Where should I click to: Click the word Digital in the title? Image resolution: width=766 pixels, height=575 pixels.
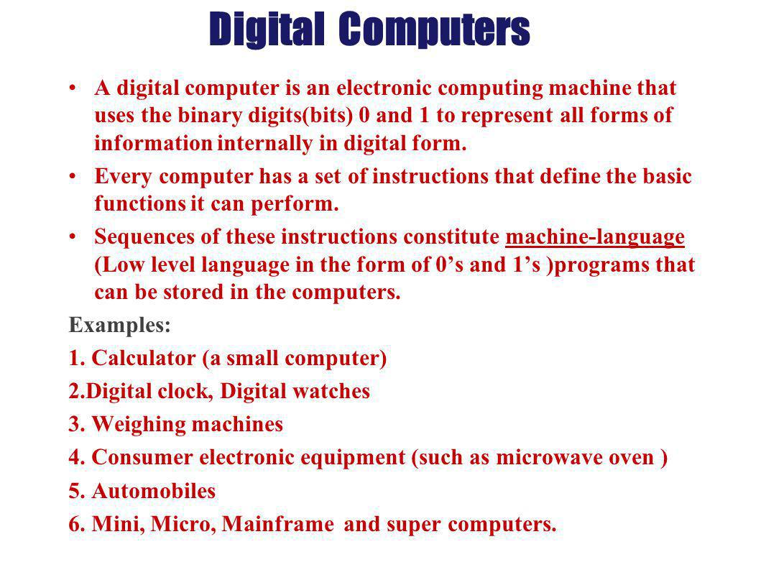265,29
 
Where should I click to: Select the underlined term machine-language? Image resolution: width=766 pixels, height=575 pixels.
594,237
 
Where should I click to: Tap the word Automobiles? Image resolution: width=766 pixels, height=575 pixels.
154,492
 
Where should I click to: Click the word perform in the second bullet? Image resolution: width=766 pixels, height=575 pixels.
305,205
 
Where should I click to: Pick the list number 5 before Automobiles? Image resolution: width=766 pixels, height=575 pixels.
75,492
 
